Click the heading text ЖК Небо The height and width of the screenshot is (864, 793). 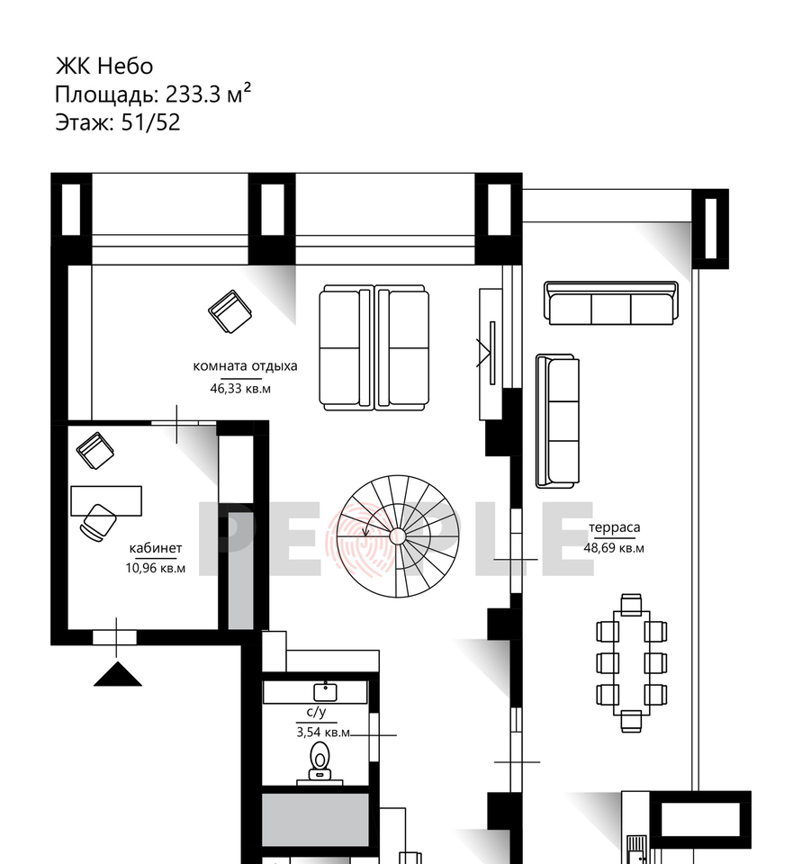point(104,66)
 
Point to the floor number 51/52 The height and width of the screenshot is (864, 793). point(150,122)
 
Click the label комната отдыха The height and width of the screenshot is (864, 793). point(245,366)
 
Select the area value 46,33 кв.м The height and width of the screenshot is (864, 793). point(240,389)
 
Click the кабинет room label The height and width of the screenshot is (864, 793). point(156,548)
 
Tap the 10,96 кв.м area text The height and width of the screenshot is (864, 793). point(156,568)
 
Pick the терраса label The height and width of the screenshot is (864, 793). point(615,527)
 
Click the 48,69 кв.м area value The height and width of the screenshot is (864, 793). point(614,548)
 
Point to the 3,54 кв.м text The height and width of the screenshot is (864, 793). point(323,733)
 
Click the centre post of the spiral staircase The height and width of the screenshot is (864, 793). point(397,536)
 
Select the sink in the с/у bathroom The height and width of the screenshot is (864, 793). point(325,692)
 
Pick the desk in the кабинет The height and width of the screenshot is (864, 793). point(106,500)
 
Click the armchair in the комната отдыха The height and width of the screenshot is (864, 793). point(230,312)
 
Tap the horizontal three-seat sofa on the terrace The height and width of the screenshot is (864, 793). point(611,303)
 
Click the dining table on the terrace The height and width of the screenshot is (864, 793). point(632,663)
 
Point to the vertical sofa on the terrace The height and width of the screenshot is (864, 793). point(558,421)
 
